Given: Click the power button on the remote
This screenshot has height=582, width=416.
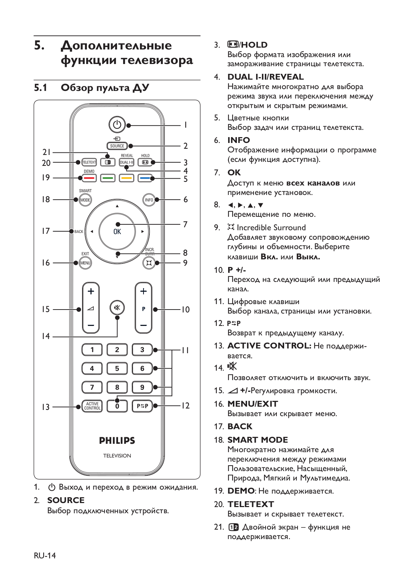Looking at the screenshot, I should pos(117,125).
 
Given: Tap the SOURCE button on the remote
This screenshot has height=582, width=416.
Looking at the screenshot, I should pos(117,146).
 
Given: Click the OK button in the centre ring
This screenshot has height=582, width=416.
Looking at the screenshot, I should pos(117,231).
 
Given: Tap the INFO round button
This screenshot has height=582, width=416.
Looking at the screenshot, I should pos(149,200).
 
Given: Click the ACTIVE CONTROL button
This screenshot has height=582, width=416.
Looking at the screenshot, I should pos(92,406).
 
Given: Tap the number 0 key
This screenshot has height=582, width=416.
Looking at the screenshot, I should pos(117,406).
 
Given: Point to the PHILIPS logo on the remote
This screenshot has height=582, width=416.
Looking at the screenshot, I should pos(117,441).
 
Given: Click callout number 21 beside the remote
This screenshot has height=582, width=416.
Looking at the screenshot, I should pos(47,152).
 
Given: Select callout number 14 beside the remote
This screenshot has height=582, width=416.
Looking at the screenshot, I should pos(45,336).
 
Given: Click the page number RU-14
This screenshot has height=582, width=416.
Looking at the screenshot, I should pos(45,555).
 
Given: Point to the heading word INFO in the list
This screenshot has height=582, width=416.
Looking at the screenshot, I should pos(238,140).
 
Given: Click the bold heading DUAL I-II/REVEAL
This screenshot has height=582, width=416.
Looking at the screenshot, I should pos(265,77).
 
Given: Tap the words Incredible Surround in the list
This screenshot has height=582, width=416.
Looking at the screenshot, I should pos(271,227).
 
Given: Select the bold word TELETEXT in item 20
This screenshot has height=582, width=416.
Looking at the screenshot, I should pos(250,504).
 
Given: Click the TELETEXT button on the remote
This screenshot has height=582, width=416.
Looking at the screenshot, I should pos(89,162).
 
